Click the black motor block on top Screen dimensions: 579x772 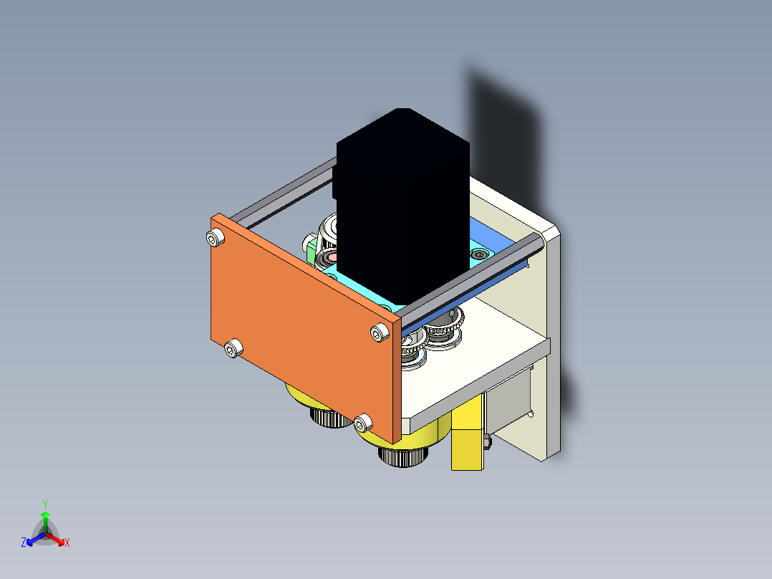point(401,208)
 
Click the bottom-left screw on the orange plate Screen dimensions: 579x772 point(231,349)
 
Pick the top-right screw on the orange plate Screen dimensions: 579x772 point(380,332)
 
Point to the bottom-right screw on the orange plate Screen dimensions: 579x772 point(363,423)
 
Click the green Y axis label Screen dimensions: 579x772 point(44,503)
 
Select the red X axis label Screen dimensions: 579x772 point(67,543)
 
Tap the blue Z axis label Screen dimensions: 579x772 point(24,543)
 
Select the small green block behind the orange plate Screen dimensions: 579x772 point(311,250)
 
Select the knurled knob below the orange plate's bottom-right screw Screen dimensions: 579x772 point(402,456)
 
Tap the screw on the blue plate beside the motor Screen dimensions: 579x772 point(479,253)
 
